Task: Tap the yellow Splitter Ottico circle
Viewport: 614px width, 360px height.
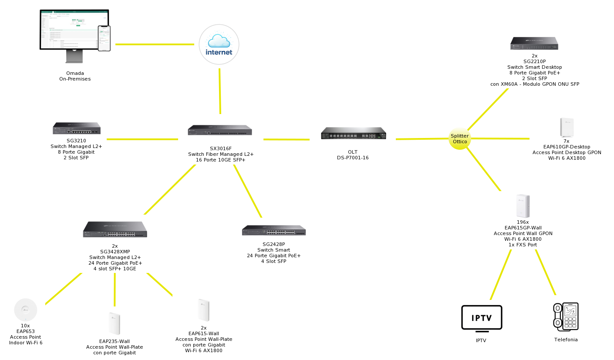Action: [460, 139]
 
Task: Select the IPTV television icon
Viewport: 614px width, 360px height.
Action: [481, 317]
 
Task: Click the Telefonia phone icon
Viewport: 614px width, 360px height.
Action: [566, 316]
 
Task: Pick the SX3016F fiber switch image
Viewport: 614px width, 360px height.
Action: [220, 130]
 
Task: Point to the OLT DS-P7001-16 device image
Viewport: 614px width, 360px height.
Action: [353, 133]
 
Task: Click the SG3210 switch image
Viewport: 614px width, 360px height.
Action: [77, 128]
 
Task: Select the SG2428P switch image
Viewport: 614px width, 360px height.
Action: [274, 230]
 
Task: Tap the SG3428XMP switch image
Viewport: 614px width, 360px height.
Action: [115, 229]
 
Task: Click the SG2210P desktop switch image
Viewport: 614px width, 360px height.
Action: [534, 43]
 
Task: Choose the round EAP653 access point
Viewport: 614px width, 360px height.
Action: [25, 310]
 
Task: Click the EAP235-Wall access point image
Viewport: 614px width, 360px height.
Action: [114, 323]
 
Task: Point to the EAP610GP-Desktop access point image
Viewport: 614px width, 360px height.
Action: [567, 128]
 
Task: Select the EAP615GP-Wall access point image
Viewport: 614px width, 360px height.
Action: [523, 206]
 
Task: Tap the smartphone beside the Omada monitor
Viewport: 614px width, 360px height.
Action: [104, 38]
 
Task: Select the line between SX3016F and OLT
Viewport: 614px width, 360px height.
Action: [286, 139]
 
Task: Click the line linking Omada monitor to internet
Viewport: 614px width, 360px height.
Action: [155, 44]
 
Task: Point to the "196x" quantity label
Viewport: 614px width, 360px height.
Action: [523, 222]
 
